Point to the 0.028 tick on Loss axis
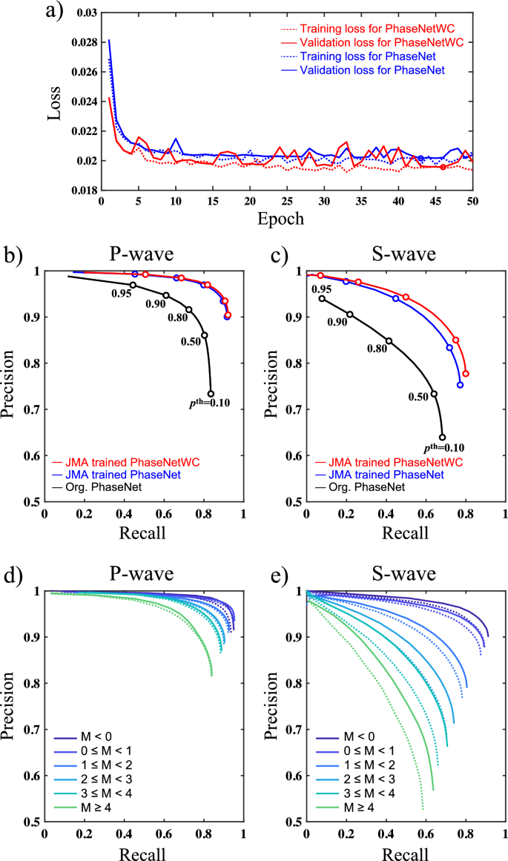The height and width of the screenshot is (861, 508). pyautogui.click(x=85, y=42)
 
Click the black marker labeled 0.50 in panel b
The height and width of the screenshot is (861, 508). pyautogui.click(x=205, y=335)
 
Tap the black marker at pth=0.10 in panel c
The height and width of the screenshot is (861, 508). pyautogui.click(x=443, y=437)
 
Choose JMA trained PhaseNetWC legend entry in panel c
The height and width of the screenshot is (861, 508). pyautogui.click(x=392, y=461)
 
